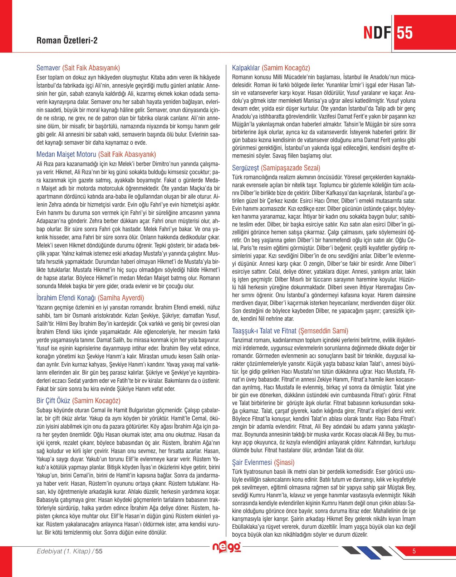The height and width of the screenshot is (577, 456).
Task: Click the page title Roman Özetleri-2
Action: click(67, 40)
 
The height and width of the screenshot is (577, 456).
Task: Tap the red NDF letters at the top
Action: click(377, 33)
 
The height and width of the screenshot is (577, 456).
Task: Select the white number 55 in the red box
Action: click(405, 33)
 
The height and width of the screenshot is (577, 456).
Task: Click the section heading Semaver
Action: click(48, 68)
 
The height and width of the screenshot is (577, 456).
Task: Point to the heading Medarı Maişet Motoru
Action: click(66, 154)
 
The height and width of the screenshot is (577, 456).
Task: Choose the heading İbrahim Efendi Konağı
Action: click(66, 298)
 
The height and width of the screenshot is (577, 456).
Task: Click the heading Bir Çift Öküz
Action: click(53, 401)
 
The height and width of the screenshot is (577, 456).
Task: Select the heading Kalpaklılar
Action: click(246, 68)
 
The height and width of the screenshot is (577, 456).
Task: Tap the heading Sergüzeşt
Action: click(245, 168)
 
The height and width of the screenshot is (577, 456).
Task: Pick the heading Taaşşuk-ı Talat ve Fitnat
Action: click(264, 331)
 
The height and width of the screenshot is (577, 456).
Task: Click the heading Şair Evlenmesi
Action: click(252, 463)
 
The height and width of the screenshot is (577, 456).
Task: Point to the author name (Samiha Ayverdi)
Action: click(121, 298)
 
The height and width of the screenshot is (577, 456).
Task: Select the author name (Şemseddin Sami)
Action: click(323, 331)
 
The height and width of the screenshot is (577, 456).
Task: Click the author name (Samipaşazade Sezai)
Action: click(290, 168)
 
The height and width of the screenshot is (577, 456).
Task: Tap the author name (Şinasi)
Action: click(284, 463)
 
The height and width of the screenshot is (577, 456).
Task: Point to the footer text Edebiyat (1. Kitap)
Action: click(64, 551)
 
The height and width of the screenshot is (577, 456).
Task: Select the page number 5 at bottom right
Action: click(414, 551)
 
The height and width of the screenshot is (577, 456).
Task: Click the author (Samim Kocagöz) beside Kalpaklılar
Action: click(286, 68)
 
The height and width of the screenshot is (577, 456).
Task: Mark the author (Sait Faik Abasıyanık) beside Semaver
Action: click(91, 68)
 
